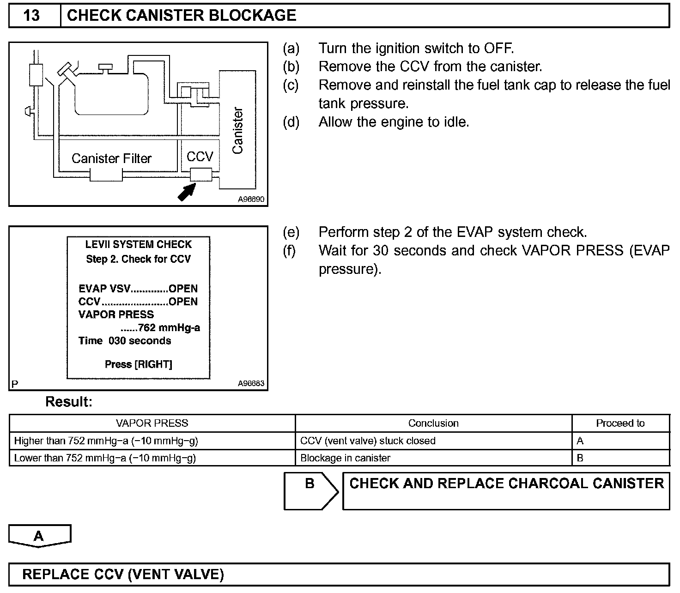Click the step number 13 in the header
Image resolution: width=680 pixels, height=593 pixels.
31,16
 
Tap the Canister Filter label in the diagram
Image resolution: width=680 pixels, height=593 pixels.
111,158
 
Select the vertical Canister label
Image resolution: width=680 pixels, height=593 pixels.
237,131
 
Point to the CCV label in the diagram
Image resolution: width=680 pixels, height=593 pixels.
200,157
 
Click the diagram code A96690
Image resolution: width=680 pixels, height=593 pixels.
251,200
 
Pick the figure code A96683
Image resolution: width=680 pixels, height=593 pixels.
251,383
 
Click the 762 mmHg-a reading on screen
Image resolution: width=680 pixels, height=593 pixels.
169,328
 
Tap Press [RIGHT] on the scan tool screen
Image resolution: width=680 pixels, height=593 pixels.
138,364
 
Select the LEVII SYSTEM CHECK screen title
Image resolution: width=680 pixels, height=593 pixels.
138,244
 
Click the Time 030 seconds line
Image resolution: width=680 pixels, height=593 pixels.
125,341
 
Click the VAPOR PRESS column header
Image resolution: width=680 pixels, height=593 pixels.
152,423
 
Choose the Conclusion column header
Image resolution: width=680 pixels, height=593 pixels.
433,423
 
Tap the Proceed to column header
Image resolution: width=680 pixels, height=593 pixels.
620,423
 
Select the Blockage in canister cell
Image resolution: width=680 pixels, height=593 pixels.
345,458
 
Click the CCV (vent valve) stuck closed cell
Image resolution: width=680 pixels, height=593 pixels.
368,441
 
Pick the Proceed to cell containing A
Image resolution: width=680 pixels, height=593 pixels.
580,441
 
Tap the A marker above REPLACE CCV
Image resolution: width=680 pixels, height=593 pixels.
39,536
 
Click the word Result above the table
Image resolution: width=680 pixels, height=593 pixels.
69,402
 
